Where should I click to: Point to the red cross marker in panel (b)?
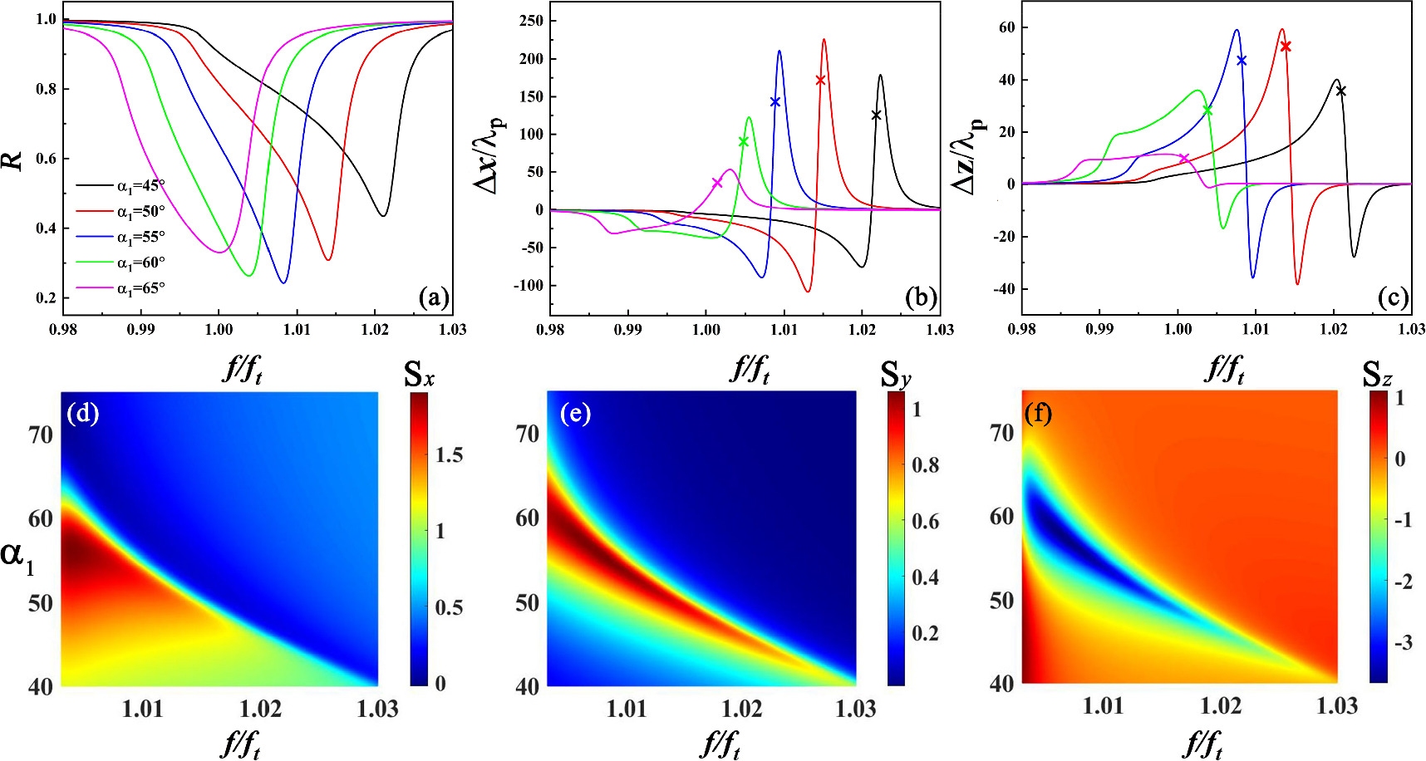[821, 81]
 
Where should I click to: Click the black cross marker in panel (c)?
[1340, 91]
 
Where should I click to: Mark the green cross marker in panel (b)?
[744, 142]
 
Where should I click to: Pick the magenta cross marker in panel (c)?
[1184, 159]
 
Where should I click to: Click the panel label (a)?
[434, 297]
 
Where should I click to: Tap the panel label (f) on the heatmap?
[1038, 413]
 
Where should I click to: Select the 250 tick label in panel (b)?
[531, 21]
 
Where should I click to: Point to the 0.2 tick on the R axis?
[47, 298]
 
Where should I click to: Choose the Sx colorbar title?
[419, 376]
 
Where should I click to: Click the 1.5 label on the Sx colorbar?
[449, 455]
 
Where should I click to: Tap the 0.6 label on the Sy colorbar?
[925, 521]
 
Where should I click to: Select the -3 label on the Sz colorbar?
[1402, 643]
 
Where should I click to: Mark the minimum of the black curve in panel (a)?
[382, 216]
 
